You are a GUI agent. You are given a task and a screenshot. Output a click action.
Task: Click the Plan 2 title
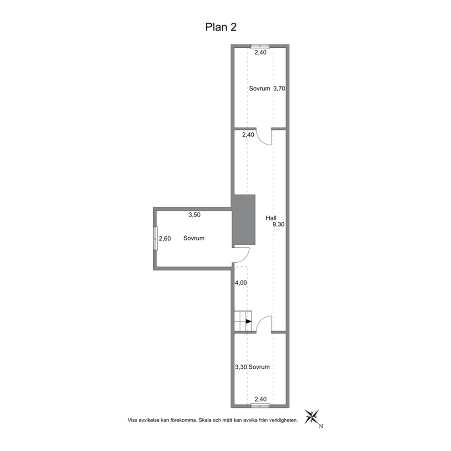[x=221, y=27]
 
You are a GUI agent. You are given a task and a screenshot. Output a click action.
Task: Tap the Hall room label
[x=271, y=218]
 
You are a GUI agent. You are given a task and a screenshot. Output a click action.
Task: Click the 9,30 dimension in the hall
[x=278, y=224]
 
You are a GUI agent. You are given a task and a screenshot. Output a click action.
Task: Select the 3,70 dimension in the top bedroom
[x=279, y=89]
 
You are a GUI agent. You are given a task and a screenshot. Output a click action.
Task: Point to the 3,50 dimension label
[x=195, y=215]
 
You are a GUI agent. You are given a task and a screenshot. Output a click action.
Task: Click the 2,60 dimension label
[x=165, y=238]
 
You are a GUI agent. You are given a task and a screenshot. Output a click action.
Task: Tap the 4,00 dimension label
[x=241, y=283]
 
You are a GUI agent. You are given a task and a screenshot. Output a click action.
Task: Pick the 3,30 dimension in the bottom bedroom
[x=241, y=367]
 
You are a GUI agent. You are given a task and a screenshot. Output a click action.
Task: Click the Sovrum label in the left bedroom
[x=194, y=238]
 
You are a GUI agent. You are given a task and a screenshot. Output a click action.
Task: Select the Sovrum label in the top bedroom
[x=260, y=89]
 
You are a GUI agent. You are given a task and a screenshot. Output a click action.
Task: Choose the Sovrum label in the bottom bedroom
[x=259, y=367]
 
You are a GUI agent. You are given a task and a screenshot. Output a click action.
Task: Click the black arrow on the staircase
[x=249, y=321]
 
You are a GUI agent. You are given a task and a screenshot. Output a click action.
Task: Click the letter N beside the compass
[x=321, y=426]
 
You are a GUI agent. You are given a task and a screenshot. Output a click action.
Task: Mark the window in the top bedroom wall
[x=260, y=46]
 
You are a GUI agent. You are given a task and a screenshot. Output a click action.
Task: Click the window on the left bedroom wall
[x=155, y=238]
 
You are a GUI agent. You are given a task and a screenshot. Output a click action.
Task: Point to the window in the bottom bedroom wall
[x=260, y=406]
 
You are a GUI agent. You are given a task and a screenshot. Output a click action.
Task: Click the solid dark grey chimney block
[x=244, y=220]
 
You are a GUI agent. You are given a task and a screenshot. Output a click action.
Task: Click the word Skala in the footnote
[x=204, y=420]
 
